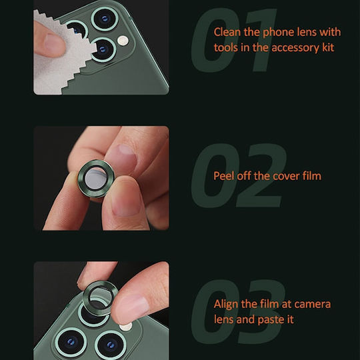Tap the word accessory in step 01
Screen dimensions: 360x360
(295, 48)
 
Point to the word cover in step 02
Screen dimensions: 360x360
(286, 176)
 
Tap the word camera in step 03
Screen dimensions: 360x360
(313, 305)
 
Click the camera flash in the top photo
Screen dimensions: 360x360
(123, 41)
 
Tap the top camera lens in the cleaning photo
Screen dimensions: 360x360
(105, 19)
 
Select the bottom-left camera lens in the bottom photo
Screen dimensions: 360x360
(71, 343)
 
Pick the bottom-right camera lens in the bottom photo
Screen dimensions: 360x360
(111, 345)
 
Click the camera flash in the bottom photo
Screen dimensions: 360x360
(126, 326)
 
